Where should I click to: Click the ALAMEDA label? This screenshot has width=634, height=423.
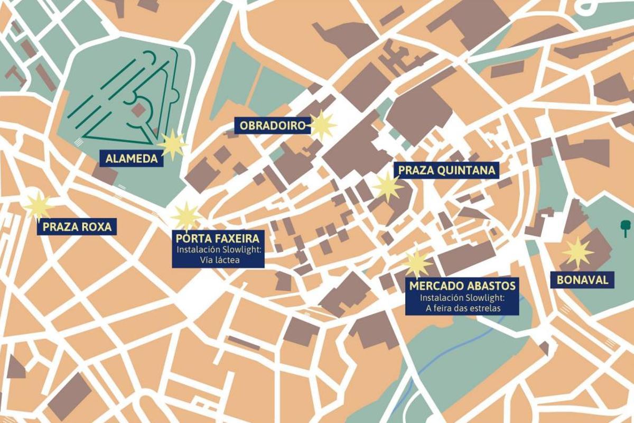coord(132,158)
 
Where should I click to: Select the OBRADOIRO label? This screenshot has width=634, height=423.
coord(273,126)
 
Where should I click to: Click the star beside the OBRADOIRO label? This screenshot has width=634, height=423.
coord(322,126)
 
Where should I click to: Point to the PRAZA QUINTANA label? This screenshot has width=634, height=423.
coord(446,170)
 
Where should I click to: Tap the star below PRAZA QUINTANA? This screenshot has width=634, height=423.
coord(388,186)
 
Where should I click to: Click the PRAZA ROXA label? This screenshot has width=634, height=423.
coord(77,227)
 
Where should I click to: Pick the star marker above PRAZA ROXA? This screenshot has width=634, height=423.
coord(39,206)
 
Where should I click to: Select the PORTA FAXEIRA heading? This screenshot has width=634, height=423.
coord(217,239)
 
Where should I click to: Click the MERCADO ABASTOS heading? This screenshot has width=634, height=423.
coord(462,286)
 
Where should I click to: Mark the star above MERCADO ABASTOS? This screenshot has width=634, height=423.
coord(417,263)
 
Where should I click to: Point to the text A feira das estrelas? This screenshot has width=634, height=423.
coord(462,308)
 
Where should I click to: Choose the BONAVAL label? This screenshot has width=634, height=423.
coord(582,280)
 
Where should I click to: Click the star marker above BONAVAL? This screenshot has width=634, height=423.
coord(577,252)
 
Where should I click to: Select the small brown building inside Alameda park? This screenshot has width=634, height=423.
coord(139,110)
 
